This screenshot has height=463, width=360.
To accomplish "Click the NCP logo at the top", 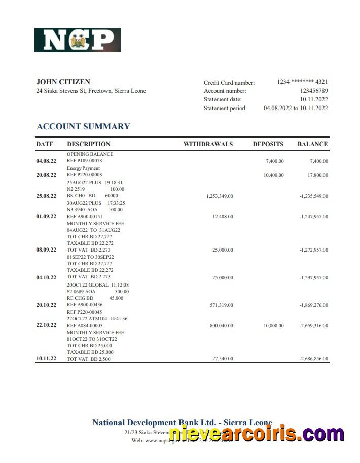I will [78, 40].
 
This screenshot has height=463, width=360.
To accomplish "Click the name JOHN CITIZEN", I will [63, 82].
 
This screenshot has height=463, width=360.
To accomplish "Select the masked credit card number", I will [302, 82].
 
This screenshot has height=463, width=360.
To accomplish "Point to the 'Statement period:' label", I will [225, 108].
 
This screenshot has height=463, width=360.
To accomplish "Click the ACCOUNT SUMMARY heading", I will [83, 126].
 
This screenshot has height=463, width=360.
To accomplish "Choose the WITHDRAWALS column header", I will [208, 144].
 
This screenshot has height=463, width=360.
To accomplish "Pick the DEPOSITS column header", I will [268, 144].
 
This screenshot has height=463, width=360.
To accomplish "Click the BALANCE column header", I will [312, 144].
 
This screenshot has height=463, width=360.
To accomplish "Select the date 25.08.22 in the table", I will [46, 196].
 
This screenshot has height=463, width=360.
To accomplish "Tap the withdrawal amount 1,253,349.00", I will [220, 196].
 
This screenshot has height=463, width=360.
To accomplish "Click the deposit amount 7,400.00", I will [274, 161].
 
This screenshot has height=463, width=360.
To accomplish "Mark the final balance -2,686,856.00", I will [314, 359].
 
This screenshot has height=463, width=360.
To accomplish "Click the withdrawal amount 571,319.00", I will [221, 305].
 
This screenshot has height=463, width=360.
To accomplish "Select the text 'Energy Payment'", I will [83, 168].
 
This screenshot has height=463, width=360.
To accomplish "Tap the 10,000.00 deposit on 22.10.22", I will [273, 325].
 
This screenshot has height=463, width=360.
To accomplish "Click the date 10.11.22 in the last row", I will [46, 359].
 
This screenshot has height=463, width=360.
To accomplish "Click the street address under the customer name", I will [91, 91].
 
